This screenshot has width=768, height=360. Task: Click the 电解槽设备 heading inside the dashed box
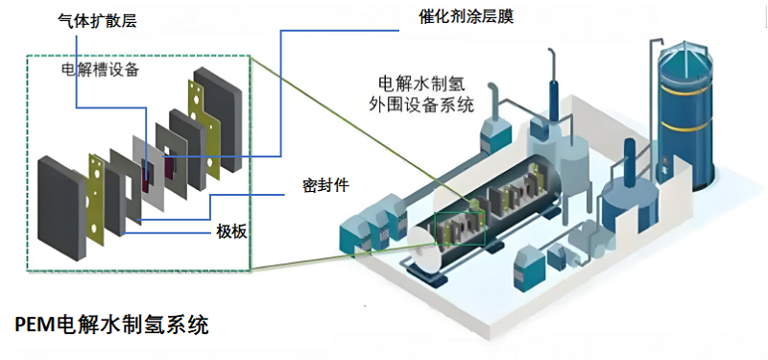click(100, 71)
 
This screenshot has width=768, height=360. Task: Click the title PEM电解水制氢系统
click(111, 325)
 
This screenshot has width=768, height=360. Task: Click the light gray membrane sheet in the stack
click(153, 163)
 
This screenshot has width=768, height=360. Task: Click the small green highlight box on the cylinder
click(458, 228)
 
